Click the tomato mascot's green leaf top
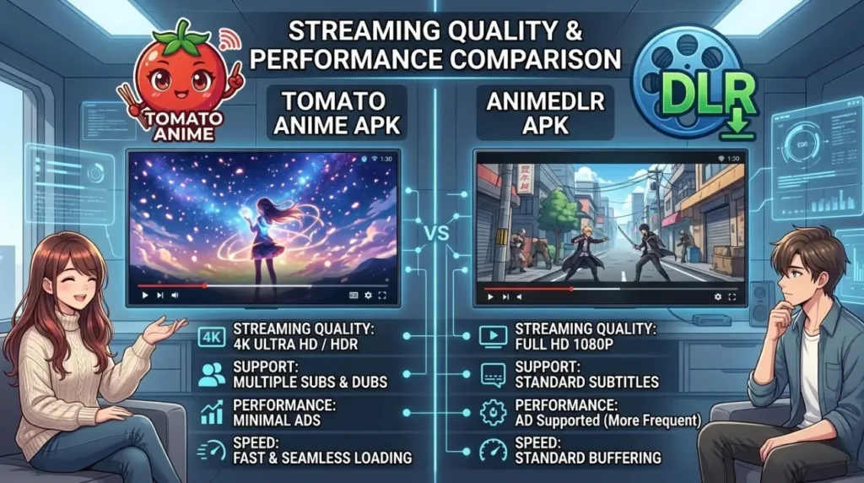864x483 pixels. click(179, 34)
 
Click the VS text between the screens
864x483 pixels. click(436, 232)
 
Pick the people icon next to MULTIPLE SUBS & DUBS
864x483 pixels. click(211, 375)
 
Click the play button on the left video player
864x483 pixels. click(145, 296)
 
